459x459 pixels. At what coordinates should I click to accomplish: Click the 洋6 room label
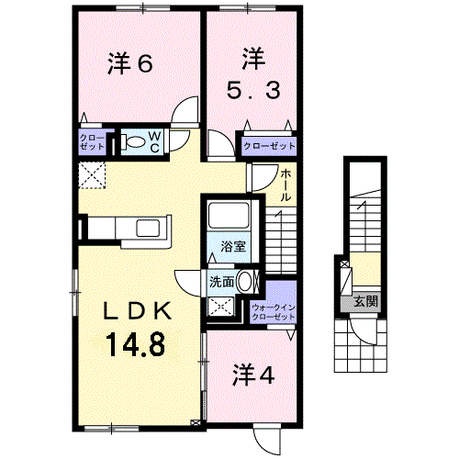(129, 64)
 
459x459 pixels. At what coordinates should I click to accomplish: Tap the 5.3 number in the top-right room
(253, 91)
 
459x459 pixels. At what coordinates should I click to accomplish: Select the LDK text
(138, 311)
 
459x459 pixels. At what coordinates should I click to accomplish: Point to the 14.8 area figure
(136, 344)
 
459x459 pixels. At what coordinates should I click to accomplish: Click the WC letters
(155, 142)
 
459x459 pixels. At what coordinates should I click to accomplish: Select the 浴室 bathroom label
(233, 246)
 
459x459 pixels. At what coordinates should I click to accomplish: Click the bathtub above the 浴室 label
(229, 214)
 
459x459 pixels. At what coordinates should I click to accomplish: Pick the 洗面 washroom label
(222, 282)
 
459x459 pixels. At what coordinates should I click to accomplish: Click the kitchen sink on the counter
(148, 229)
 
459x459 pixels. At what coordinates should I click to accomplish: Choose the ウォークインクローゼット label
(274, 312)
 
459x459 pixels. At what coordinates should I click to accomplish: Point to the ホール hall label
(285, 185)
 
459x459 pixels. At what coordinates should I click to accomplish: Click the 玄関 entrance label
(365, 302)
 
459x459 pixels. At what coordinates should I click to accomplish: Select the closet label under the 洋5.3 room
(269, 146)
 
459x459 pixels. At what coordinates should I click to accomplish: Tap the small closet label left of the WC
(92, 142)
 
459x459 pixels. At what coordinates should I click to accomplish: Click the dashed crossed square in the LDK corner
(92, 175)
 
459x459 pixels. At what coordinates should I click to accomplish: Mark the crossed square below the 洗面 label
(220, 306)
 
